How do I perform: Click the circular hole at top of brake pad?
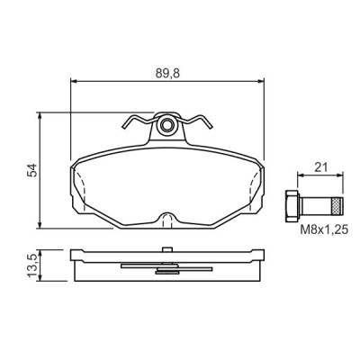pyautogui.click(x=167, y=127)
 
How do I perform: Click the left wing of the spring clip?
pyautogui.click(x=136, y=122)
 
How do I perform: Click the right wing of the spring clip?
pyautogui.click(x=200, y=122)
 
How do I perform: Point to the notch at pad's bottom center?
pyautogui.click(x=167, y=219)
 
